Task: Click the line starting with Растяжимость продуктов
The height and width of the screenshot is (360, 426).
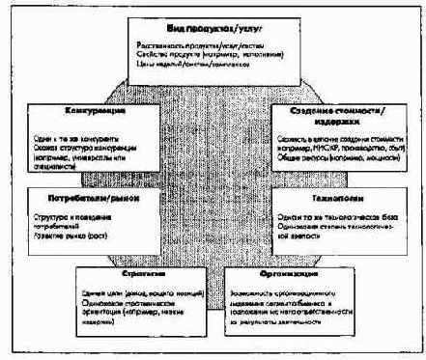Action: tap(210, 45)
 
